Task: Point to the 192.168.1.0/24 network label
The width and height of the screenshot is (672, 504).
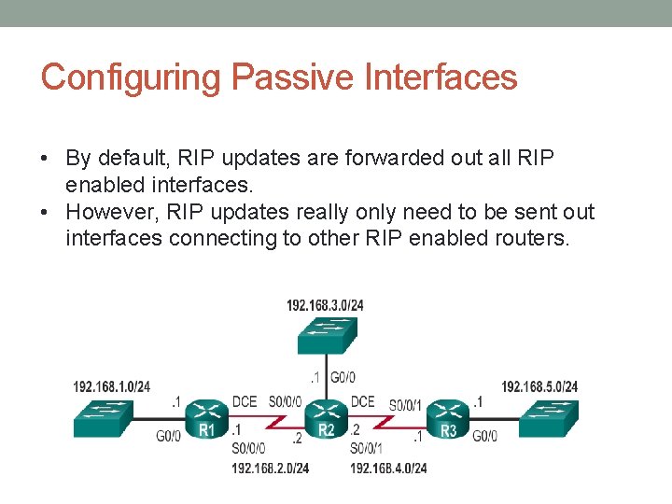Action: click(112, 386)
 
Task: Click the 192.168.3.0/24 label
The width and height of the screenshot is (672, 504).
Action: click(326, 304)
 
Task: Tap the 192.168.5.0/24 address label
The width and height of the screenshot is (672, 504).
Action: click(539, 386)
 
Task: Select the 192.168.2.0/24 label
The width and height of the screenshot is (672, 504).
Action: click(271, 468)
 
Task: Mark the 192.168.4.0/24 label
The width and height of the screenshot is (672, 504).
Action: click(388, 468)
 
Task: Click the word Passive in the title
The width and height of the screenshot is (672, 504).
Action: click(277, 77)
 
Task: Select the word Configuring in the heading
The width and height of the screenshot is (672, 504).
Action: click(131, 77)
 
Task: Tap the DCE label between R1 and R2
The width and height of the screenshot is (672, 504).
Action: click(245, 402)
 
